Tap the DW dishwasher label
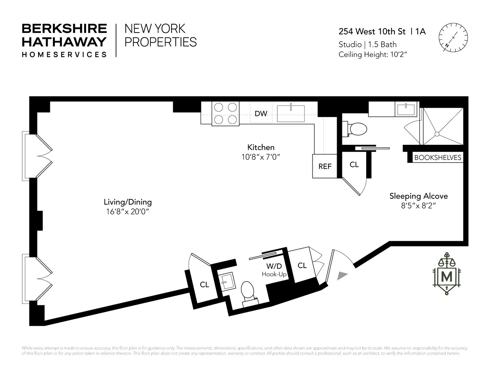[x=261, y=113]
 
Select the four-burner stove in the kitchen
[x=226, y=113]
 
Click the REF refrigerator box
[x=325, y=166]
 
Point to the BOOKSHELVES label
[x=438, y=158]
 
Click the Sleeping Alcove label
[x=418, y=196]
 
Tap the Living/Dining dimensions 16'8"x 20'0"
[x=128, y=212]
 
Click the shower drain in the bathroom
[x=437, y=134]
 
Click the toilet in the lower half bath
[x=249, y=291]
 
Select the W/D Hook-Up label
[x=274, y=270]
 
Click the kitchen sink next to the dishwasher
[x=291, y=113]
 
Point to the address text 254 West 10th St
[x=372, y=31]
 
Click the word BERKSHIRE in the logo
[x=64, y=28]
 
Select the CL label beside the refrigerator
[x=354, y=165]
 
